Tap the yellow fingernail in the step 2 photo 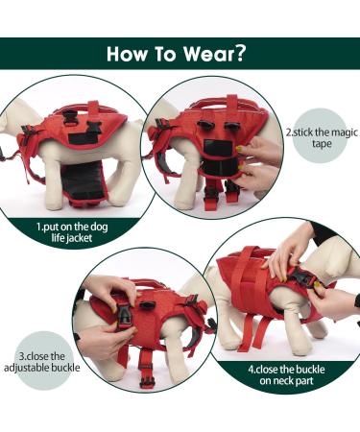point(237,149)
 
